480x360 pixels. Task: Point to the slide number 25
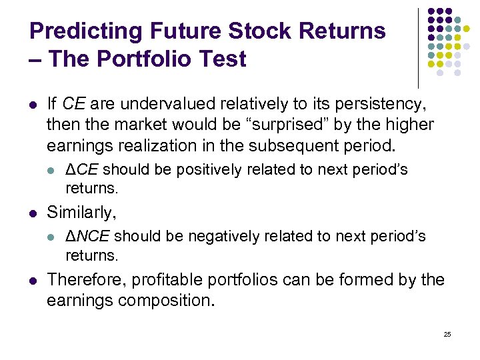coord(447,334)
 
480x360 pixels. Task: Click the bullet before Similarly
coord(33,213)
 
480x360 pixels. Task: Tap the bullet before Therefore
coord(33,280)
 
